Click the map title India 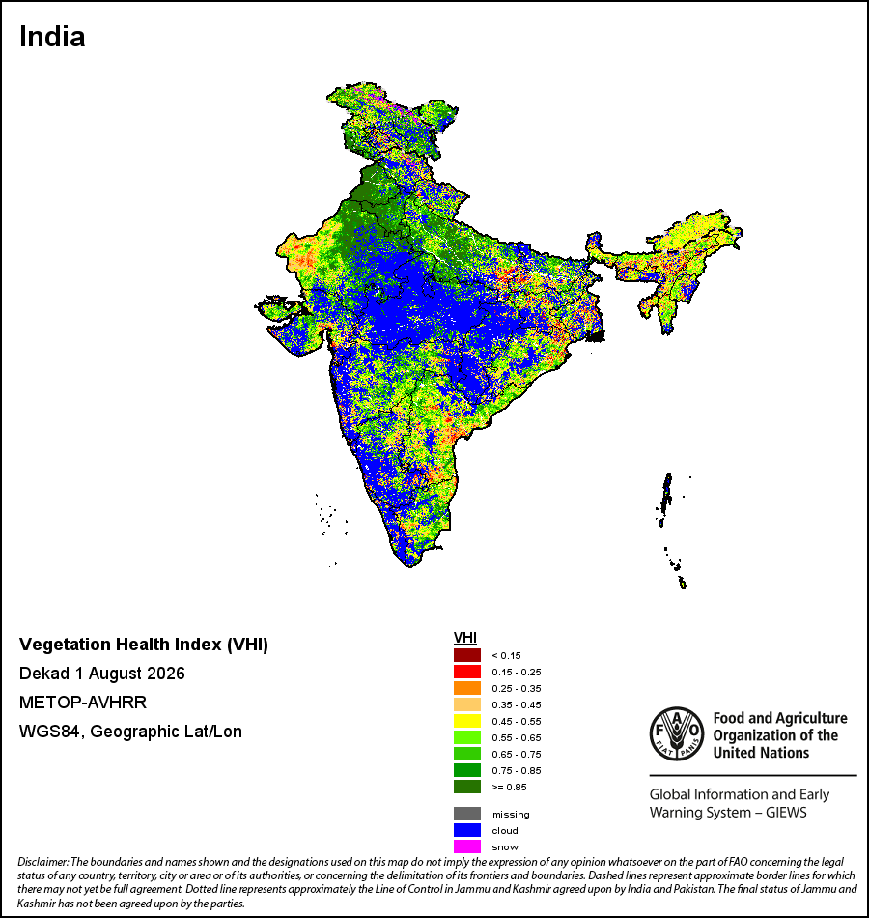[52, 37]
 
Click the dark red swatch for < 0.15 [467, 655]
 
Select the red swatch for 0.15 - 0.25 [467, 672]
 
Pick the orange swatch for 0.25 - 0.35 [467, 688]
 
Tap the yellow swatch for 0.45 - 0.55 [467, 721]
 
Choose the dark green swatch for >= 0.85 [467, 787]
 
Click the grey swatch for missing [467, 814]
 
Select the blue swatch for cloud [467, 830]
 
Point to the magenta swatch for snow [467, 846]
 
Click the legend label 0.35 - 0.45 [517, 704]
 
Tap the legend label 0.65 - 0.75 [517, 754]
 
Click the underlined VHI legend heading [465, 638]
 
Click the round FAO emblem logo [677, 733]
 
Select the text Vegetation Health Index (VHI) [144, 645]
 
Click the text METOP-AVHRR [83, 702]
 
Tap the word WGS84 [49, 732]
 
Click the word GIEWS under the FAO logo [786, 813]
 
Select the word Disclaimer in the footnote [43, 862]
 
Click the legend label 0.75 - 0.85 [517, 770]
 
